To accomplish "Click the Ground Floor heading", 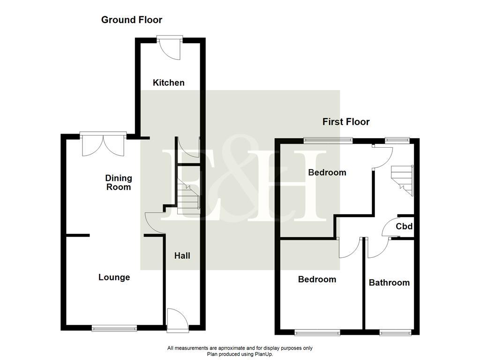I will tap(132, 20).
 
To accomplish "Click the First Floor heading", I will tap(346, 122).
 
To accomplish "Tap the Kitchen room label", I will tap(169, 83).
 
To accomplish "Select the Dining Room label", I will tap(119, 182).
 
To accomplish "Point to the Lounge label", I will tap(114, 277).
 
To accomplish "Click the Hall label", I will tap(182, 255).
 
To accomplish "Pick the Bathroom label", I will tap(389, 283).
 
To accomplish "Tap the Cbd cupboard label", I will tap(404, 227).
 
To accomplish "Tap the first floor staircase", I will tap(403, 179).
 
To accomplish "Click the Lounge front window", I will tap(114, 328).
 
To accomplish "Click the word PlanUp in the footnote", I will tap(262, 354).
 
